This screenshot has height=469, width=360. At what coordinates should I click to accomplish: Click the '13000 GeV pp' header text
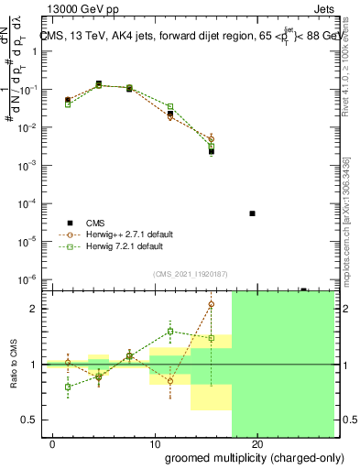[80, 8]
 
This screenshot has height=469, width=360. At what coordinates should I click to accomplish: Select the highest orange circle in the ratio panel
[212, 304]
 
